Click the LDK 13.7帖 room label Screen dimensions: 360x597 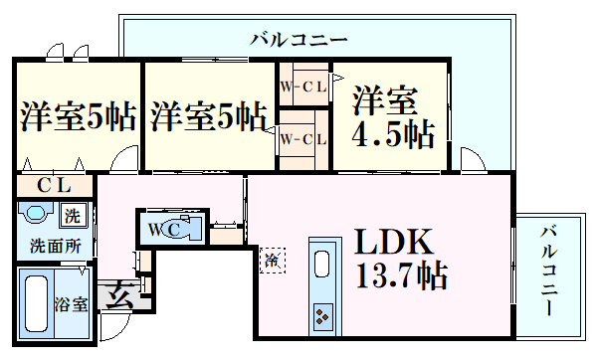(395, 256)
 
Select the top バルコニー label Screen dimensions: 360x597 (298, 41)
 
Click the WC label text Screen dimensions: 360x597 (162, 230)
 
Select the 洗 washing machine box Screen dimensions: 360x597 (73, 216)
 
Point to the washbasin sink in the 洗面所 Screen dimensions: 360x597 (37, 215)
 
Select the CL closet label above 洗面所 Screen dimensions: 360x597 (54, 185)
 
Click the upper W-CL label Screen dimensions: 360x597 (302, 87)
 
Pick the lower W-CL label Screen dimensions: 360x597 (302, 138)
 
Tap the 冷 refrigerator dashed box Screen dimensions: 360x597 (272, 260)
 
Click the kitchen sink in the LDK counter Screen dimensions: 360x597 (323, 263)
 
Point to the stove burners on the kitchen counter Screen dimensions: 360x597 (323, 317)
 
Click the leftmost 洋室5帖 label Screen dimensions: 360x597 (77, 117)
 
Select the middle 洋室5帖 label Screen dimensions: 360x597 (208, 117)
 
